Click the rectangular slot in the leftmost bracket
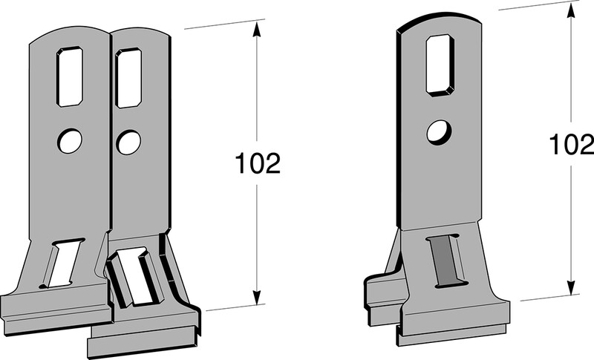[70, 77]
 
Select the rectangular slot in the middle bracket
[128, 79]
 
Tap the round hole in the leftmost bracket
[69, 141]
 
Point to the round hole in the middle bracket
[128, 143]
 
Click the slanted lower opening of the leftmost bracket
[62, 264]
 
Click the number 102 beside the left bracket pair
[258, 163]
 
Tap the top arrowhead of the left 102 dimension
[257, 29]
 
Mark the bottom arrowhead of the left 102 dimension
[257, 297]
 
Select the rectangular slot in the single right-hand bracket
[440, 65]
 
